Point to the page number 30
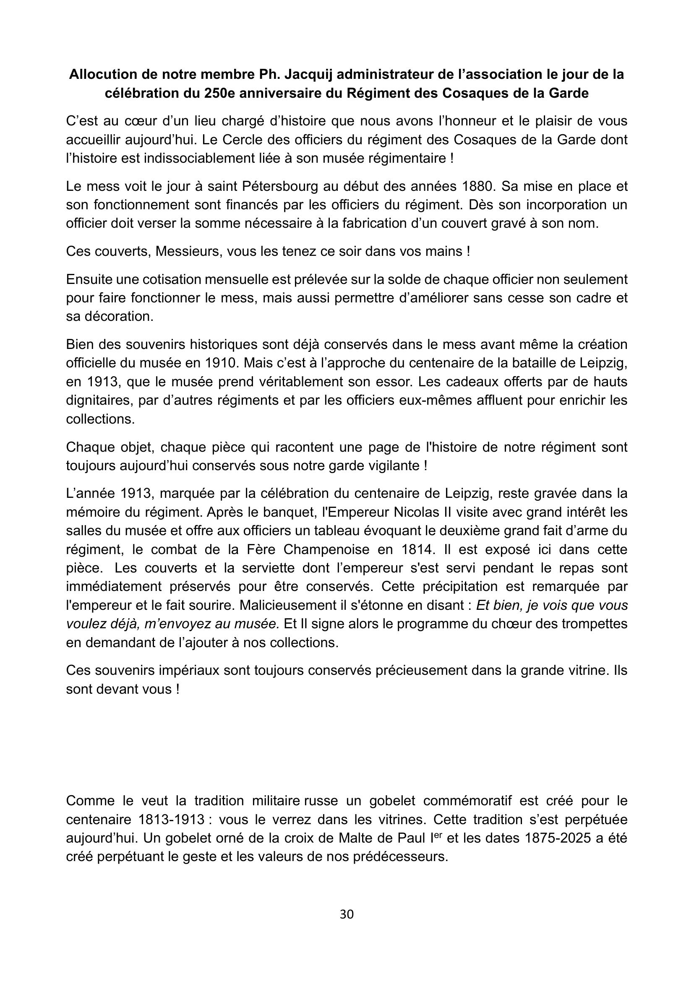[347, 914]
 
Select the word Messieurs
[188, 251]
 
